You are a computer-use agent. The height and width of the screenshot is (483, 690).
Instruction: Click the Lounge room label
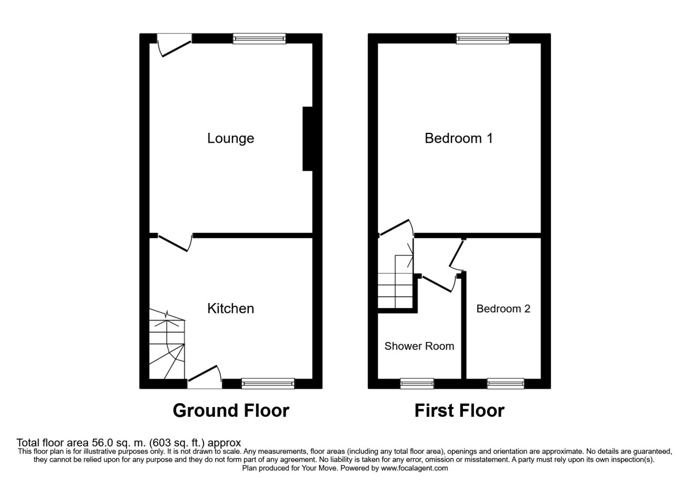(231, 139)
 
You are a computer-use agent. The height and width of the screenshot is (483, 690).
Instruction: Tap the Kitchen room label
(231, 309)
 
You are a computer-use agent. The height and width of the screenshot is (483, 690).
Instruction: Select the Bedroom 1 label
(458, 139)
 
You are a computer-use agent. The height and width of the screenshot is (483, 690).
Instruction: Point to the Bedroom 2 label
(503, 309)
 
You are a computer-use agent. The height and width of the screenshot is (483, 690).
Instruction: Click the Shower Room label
(419, 346)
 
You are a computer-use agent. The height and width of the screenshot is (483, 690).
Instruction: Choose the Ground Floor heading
(231, 411)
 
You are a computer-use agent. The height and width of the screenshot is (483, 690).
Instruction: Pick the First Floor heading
(459, 411)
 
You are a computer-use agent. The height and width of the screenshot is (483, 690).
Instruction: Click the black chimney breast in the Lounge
(308, 139)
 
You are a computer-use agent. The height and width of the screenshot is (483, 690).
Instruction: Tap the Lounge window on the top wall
(259, 39)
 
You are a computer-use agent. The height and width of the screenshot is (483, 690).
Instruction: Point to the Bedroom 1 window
(482, 39)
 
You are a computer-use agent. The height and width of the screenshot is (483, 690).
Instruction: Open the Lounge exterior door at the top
(174, 45)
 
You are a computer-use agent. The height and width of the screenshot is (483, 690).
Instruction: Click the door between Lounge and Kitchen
(174, 241)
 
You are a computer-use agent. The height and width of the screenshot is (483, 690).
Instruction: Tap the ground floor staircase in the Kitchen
(167, 345)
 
